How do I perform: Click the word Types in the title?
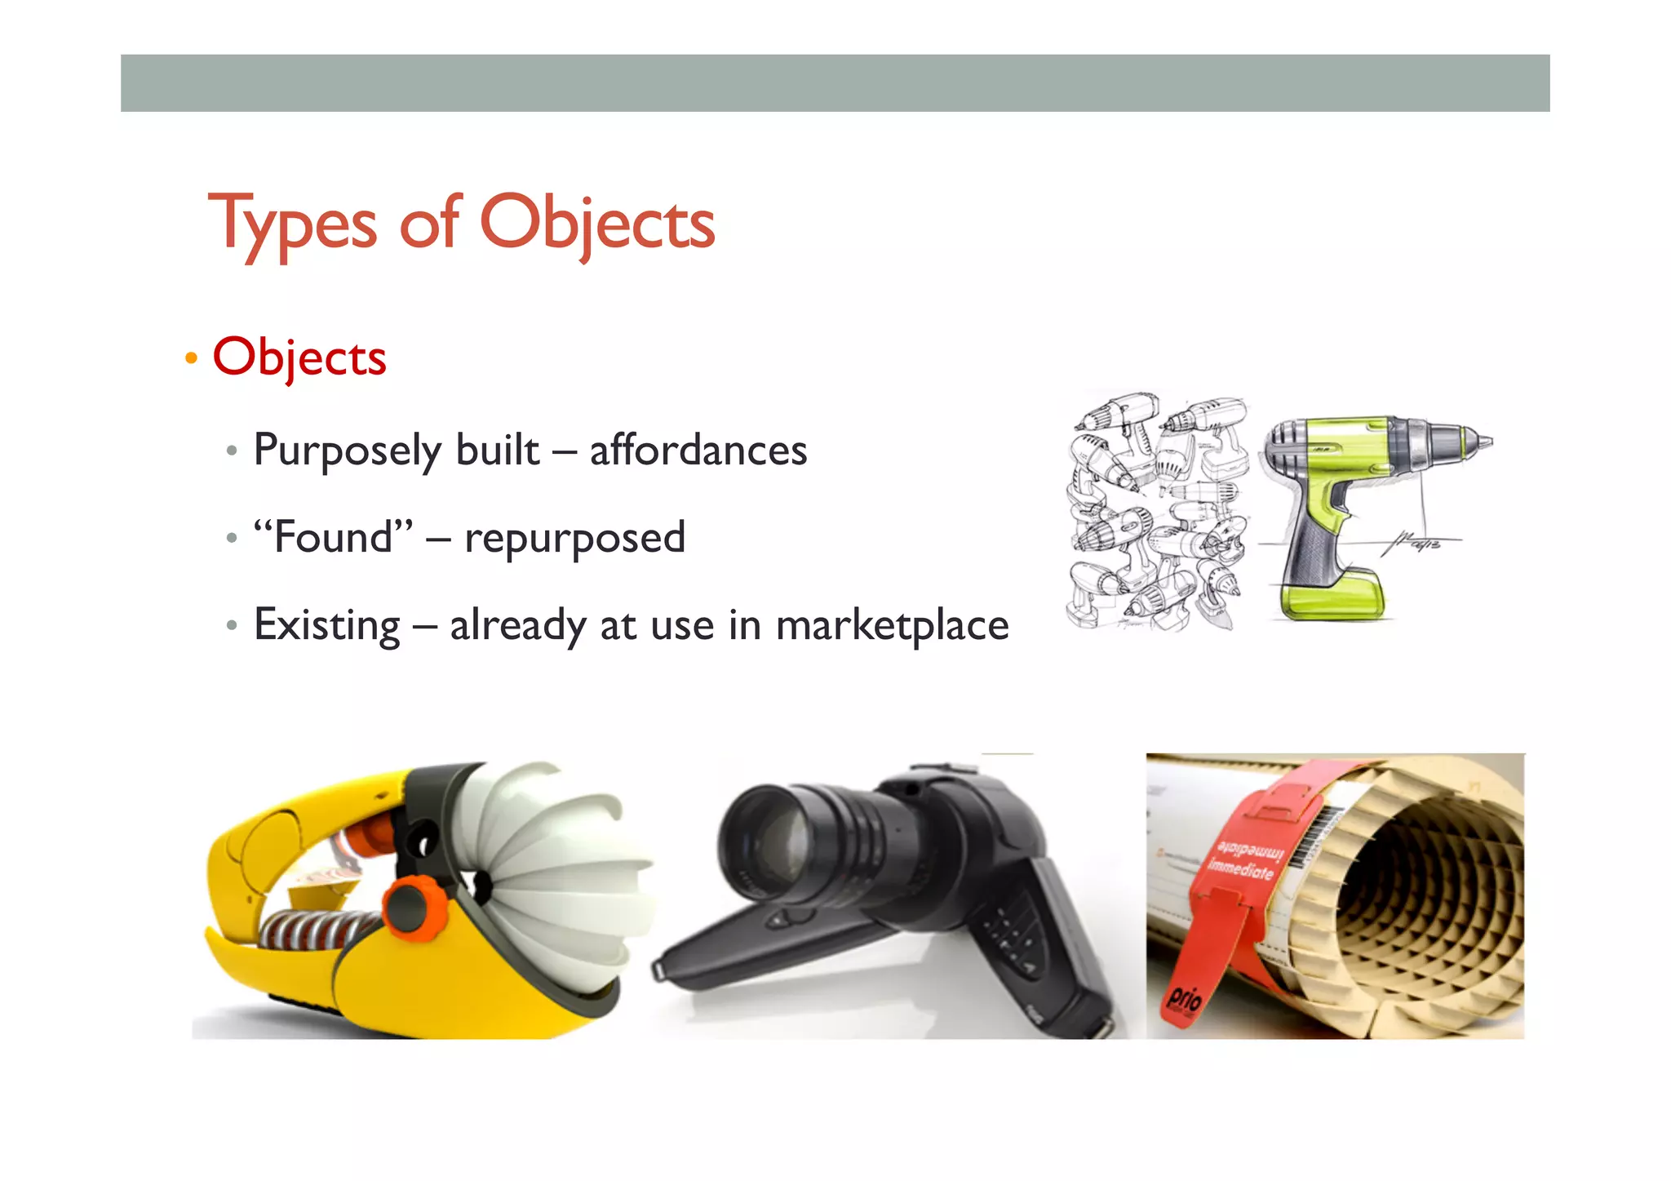click(292, 224)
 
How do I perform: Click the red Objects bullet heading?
click(299, 357)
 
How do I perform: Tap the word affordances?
click(698, 451)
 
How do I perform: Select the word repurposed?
click(574, 538)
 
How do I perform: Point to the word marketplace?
click(892, 625)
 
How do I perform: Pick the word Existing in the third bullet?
click(327, 625)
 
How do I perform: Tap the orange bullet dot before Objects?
click(191, 357)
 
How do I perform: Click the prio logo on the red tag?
click(1184, 998)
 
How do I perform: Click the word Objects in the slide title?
click(596, 224)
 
